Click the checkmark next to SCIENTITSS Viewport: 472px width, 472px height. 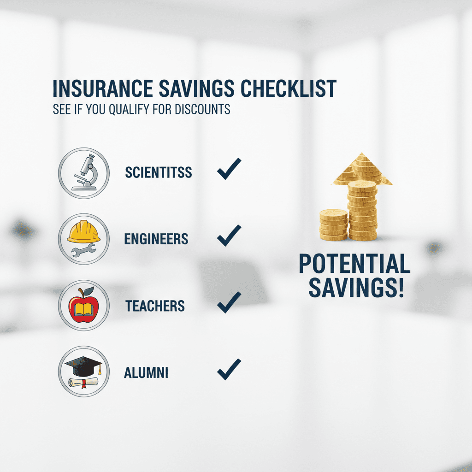pos(229,169)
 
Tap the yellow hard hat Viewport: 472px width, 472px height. pos(84,231)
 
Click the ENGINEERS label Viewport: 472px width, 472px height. pos(156,239)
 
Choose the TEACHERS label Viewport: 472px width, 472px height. pos(155,306)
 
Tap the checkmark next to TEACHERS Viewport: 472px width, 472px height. pos(229,302)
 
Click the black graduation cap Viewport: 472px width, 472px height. pos(83,366)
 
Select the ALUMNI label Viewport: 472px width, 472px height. pos(146,372)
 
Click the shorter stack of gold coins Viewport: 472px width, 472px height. pos(334,224)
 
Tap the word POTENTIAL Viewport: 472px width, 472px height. pos(354,264)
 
